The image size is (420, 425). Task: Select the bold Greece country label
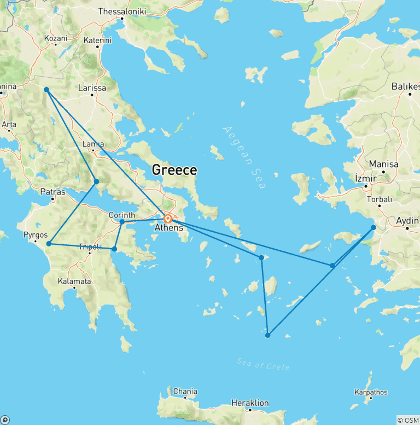click(174, 170)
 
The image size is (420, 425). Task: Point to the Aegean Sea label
click(244, 158)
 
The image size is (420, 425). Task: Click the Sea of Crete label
click(263, 364)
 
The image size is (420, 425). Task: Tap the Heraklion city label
click(250, 403)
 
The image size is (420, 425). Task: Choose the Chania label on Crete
click(184, 392)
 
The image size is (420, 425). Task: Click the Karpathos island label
click(371, 392)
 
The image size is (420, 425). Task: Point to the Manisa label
click(383, 164)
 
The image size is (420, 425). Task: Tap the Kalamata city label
click(74, 282)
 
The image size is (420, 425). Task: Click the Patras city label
click(53, 192)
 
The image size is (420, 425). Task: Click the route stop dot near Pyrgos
click(49, 244)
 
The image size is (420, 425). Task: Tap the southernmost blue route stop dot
click(267, 335)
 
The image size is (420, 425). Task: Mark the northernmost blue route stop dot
click(46, 90)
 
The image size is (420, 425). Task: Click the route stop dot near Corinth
click(122, 222)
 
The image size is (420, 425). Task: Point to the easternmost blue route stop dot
click(374, 227)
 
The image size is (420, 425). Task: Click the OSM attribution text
click(407, 420)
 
